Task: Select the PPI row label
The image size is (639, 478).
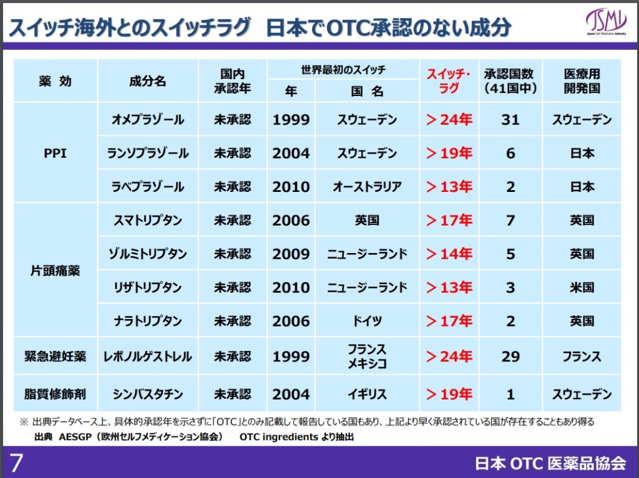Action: coord(55,153)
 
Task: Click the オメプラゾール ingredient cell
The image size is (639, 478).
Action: coord(148,120)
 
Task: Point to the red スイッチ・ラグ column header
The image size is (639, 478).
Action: coord(448,80)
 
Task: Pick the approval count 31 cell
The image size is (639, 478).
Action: coord(510,120)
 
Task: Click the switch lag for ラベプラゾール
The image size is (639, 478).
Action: coord(449,187)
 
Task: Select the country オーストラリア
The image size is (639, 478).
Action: coord(367,187)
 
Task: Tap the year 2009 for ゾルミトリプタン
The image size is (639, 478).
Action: coord(291,254)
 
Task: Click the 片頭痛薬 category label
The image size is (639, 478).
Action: coord(55,271)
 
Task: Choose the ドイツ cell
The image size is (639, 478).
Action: coord(367,322)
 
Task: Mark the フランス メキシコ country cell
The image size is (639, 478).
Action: coord(367,356)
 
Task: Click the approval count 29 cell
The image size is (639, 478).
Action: coord(510,356)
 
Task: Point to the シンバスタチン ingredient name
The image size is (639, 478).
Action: coord(148,394)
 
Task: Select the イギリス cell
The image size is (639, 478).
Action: coord(367,394)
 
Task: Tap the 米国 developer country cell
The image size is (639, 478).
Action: coord(582,288)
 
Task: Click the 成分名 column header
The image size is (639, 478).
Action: coord(148,81)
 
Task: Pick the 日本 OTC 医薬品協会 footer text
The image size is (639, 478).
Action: coord(550,463)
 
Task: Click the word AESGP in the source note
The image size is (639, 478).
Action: coord(75,437)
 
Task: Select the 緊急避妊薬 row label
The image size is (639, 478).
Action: coord(55,356)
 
